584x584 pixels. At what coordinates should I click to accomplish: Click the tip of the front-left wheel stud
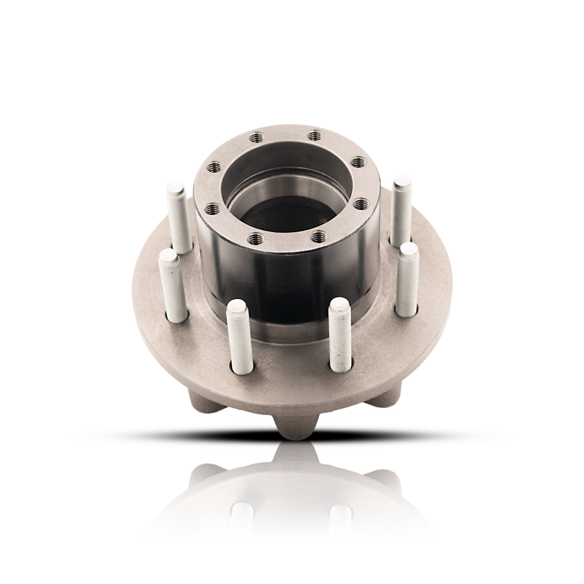coord(237,306)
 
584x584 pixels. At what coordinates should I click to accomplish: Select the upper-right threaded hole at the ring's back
coord(314,136)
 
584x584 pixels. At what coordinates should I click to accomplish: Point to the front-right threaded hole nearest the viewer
coord(318,235)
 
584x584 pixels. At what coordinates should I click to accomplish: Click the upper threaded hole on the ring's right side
coord(357,163)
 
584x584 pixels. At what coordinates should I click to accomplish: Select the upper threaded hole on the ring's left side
coord(215,167)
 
